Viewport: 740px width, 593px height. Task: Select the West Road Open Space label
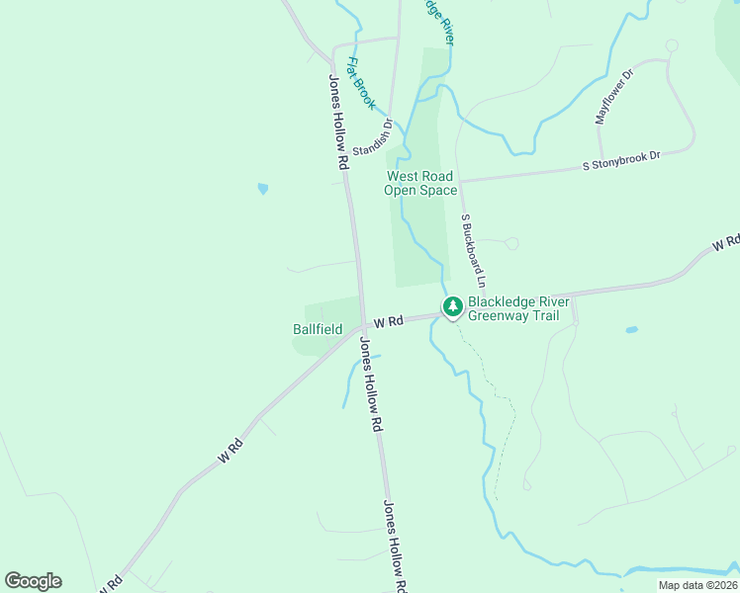click(421, 183)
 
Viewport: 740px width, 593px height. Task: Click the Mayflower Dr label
click(614, 96)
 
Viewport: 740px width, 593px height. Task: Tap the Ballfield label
click(318, 329)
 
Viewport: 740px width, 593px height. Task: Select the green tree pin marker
click(453, 306)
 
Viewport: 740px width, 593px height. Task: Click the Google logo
click(33, 581)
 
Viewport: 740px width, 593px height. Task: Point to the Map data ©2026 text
click(697, 585)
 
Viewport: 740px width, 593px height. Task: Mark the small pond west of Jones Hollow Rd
click(262, 188)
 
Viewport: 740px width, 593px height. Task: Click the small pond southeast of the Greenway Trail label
click(631, 330)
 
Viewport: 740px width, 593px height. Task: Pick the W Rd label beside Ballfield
click(389, 322)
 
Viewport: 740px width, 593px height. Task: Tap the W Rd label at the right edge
click(727, 242)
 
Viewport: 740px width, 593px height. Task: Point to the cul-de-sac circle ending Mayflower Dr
click(672, 45)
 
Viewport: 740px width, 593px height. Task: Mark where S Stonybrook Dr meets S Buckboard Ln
click(460, 181)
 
